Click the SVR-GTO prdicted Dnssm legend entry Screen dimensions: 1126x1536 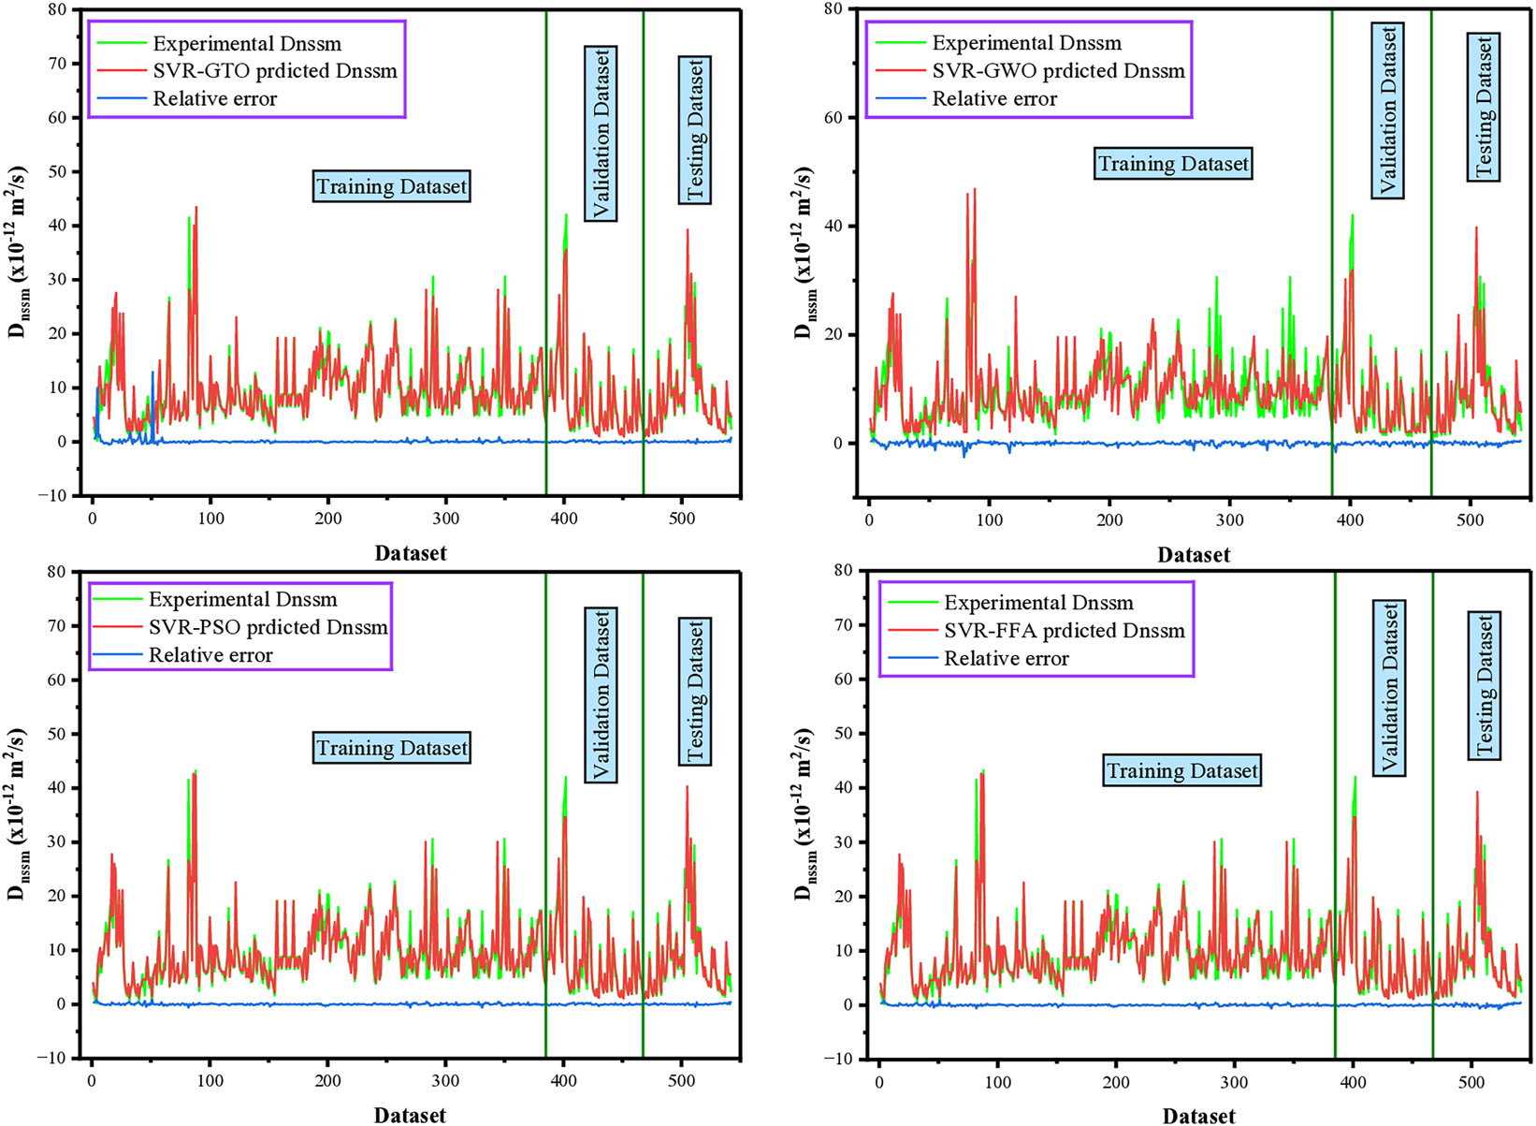pos(274,71)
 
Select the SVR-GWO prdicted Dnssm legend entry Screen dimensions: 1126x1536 pos(1058,71)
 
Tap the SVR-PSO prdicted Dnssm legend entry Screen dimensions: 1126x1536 pos(268,627)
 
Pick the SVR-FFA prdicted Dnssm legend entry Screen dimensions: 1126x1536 pos(1064,631)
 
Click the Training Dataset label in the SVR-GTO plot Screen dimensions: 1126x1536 pos(391,186)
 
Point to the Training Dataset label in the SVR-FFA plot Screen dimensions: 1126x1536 pos(1181,771)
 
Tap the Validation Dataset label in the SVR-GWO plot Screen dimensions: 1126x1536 pos(1388,111)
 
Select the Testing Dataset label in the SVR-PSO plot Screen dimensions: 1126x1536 pos(695,692)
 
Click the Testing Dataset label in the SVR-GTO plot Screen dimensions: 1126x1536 pos(695,130)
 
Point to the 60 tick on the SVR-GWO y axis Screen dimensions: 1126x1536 pos(833,118)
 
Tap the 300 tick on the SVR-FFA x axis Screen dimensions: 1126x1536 pos(1234,1084)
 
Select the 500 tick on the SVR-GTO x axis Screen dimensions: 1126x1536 pos(682,519)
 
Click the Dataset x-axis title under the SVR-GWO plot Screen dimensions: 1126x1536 pos(1193,555)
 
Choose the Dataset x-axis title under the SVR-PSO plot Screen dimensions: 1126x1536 pos(410,1115)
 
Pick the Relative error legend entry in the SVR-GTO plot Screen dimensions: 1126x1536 pos(214,99)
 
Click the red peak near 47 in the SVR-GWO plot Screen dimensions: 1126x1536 pos(975,190)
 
